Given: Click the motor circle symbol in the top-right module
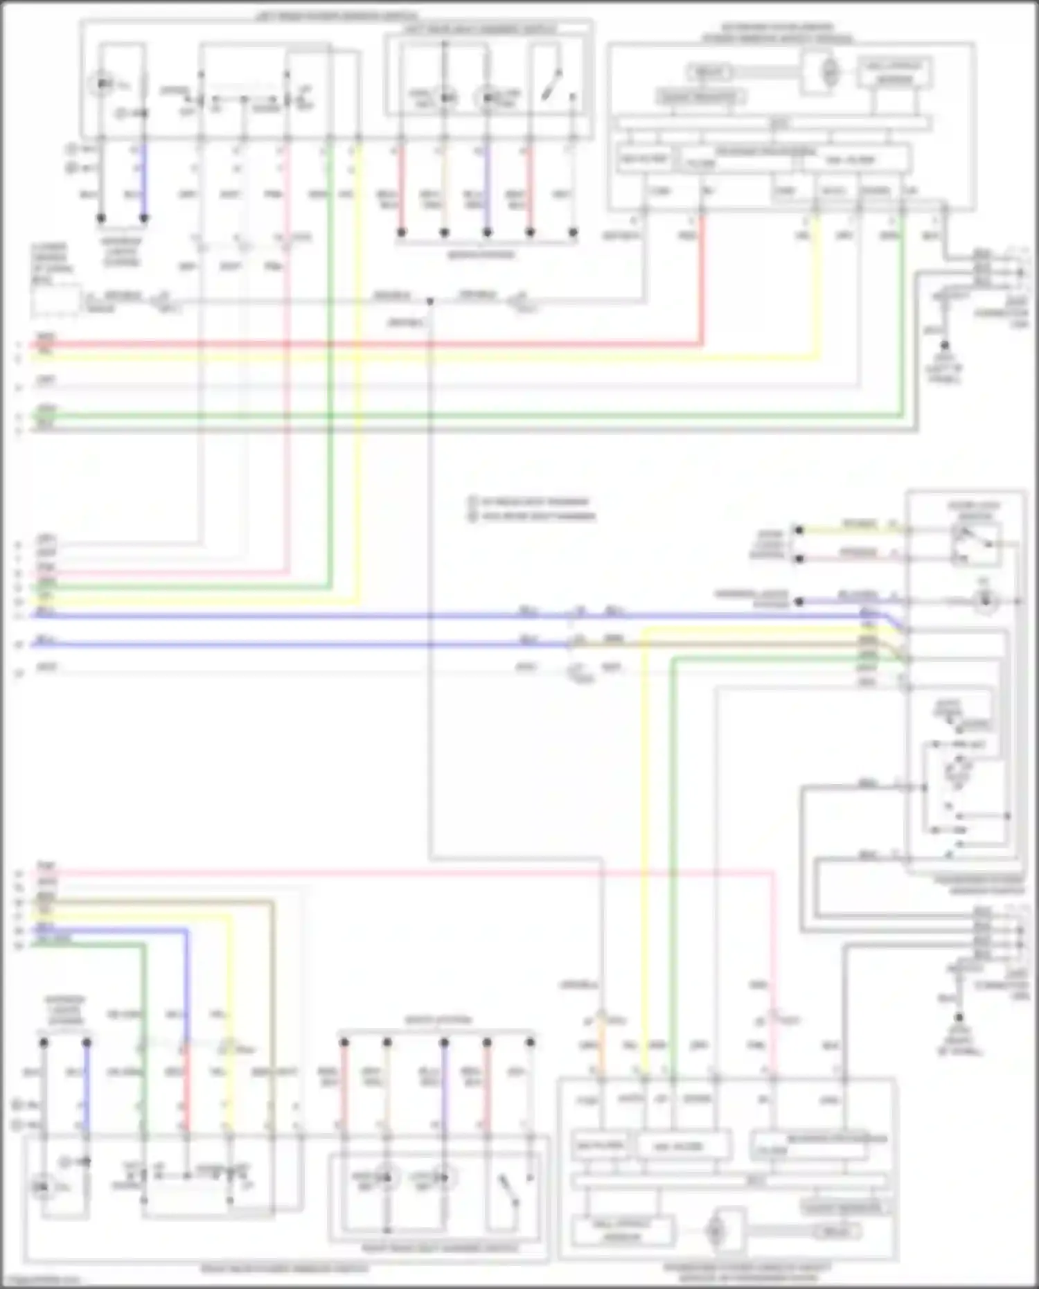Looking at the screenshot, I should [x=829, y=71].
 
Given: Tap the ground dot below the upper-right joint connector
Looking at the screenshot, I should [x=944, y=345].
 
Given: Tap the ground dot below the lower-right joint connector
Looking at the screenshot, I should [x=959, y=1017].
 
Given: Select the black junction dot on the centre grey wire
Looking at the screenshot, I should [x=429, y=301].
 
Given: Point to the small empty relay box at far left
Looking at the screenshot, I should [x=55, y=301].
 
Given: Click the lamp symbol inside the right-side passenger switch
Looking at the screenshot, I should [x=985, y=601].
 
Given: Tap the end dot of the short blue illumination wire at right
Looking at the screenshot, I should [x=799, y=602].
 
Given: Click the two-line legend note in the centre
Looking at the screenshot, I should [x=531, y=508].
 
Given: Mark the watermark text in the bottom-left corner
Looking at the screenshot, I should [x=42, y=1281].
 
